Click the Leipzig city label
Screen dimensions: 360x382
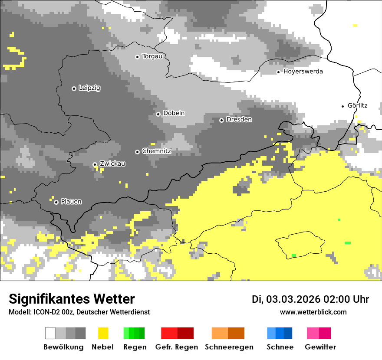point(89,88)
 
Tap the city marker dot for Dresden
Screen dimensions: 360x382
point(221,120)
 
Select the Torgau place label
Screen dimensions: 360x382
point(152,56)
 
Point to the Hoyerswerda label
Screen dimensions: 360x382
point(303,72)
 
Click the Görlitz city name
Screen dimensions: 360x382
point(358,105)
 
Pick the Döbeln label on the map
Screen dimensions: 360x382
point(174,113)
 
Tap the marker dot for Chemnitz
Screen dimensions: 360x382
point(137,152)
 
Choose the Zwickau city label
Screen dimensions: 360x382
point(112,164)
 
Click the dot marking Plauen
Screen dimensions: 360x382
point(56,202)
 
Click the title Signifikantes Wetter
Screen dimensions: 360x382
point(72,299)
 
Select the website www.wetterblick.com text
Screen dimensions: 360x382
point(313,312)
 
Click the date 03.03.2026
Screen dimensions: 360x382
point(293,299)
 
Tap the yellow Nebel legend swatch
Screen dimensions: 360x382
point(103,333)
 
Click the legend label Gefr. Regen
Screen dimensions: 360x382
point(176,347)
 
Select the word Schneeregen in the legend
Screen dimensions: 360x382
point(229,347)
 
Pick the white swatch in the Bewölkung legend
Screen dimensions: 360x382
point(50,333)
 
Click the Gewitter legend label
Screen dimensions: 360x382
point(320,347)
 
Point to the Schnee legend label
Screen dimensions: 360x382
point(280,347)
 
